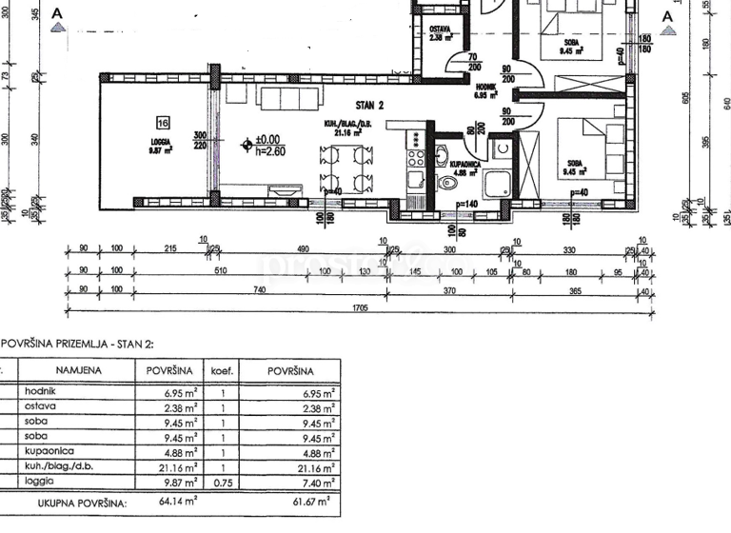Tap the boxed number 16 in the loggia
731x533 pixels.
coord(164,122)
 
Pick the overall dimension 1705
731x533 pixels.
coord(360,306)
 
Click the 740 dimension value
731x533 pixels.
coord(258,289)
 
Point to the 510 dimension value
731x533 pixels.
coord(221,270)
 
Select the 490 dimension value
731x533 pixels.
coord(304,249)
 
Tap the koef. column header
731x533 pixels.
coord(221,371)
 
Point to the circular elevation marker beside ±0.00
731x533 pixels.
coord(247,145)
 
